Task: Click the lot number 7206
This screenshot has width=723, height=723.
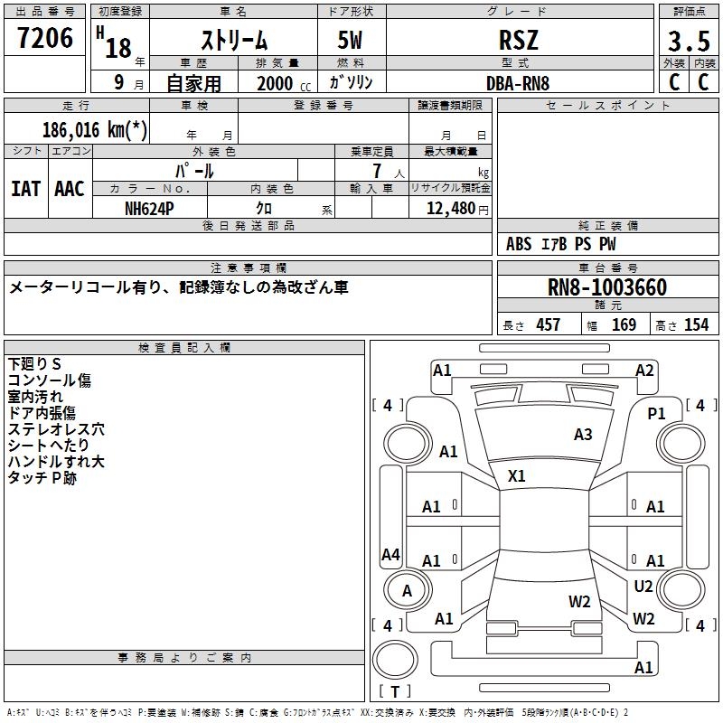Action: click(x=45, y=38)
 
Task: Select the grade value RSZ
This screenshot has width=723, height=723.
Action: click(x=519, y=40)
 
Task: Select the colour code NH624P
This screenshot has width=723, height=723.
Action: click(x=149, y=207)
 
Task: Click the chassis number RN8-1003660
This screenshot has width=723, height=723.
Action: click(x=607, y=287)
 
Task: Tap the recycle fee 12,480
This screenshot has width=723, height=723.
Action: click(x=449, y=208)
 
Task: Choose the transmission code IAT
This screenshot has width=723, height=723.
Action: click(x=25, y=189)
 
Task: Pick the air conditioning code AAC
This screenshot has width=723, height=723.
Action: click(x=70, y=189)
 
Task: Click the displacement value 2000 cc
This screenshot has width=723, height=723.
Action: click(x=280, y=83)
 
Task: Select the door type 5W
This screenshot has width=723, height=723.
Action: click(x=352, y=42)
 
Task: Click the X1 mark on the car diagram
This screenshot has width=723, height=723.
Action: click(x=517, y=475)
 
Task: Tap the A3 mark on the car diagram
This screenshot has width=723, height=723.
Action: click(x=583, y=435)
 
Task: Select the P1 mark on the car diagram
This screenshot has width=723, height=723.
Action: click(x=657, y=413)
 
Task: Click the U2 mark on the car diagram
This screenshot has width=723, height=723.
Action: click(x=643, y=587)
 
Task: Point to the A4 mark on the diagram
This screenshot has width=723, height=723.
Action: click(x=390, y=555)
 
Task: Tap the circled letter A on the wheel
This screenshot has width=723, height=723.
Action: click(x=407, y=591)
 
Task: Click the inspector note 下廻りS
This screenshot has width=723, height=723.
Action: click(x=34, y=363)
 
